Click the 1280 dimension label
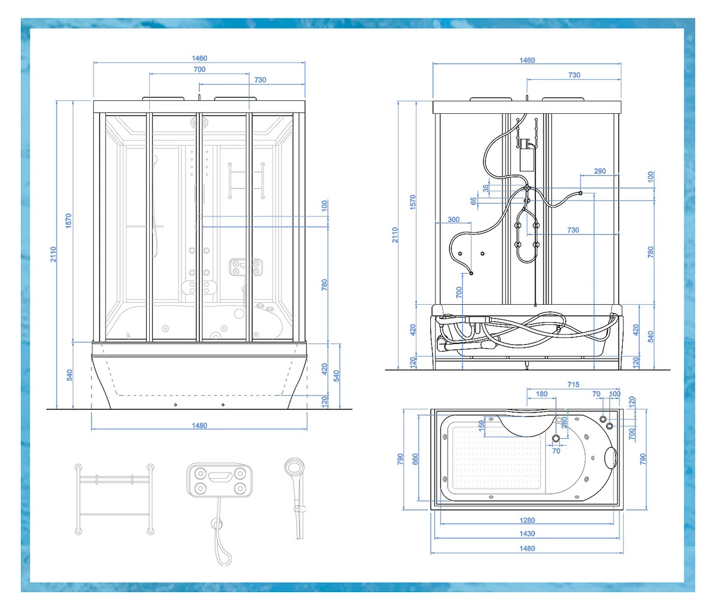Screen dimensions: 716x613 (527, 520)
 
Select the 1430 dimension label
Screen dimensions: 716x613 (527, 534)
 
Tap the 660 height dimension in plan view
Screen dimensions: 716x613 (415, 459)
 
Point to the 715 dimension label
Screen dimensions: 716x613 (573, 385)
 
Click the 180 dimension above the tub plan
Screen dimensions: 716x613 (541, 394)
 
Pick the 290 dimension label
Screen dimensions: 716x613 (600, 171)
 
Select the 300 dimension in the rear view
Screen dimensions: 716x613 (453, 219)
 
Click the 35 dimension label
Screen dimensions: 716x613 (486, 188)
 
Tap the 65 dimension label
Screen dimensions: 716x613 (474, 201)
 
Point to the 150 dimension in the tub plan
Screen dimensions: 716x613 (481, 425)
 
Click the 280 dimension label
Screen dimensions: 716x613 (564, 423)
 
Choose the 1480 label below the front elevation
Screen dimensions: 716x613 (199, 425)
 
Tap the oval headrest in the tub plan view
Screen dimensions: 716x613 (611, 457)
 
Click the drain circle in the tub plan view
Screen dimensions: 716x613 (555, 438)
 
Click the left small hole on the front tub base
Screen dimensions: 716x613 (175, 405)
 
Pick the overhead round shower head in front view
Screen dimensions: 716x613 (199, 123)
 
